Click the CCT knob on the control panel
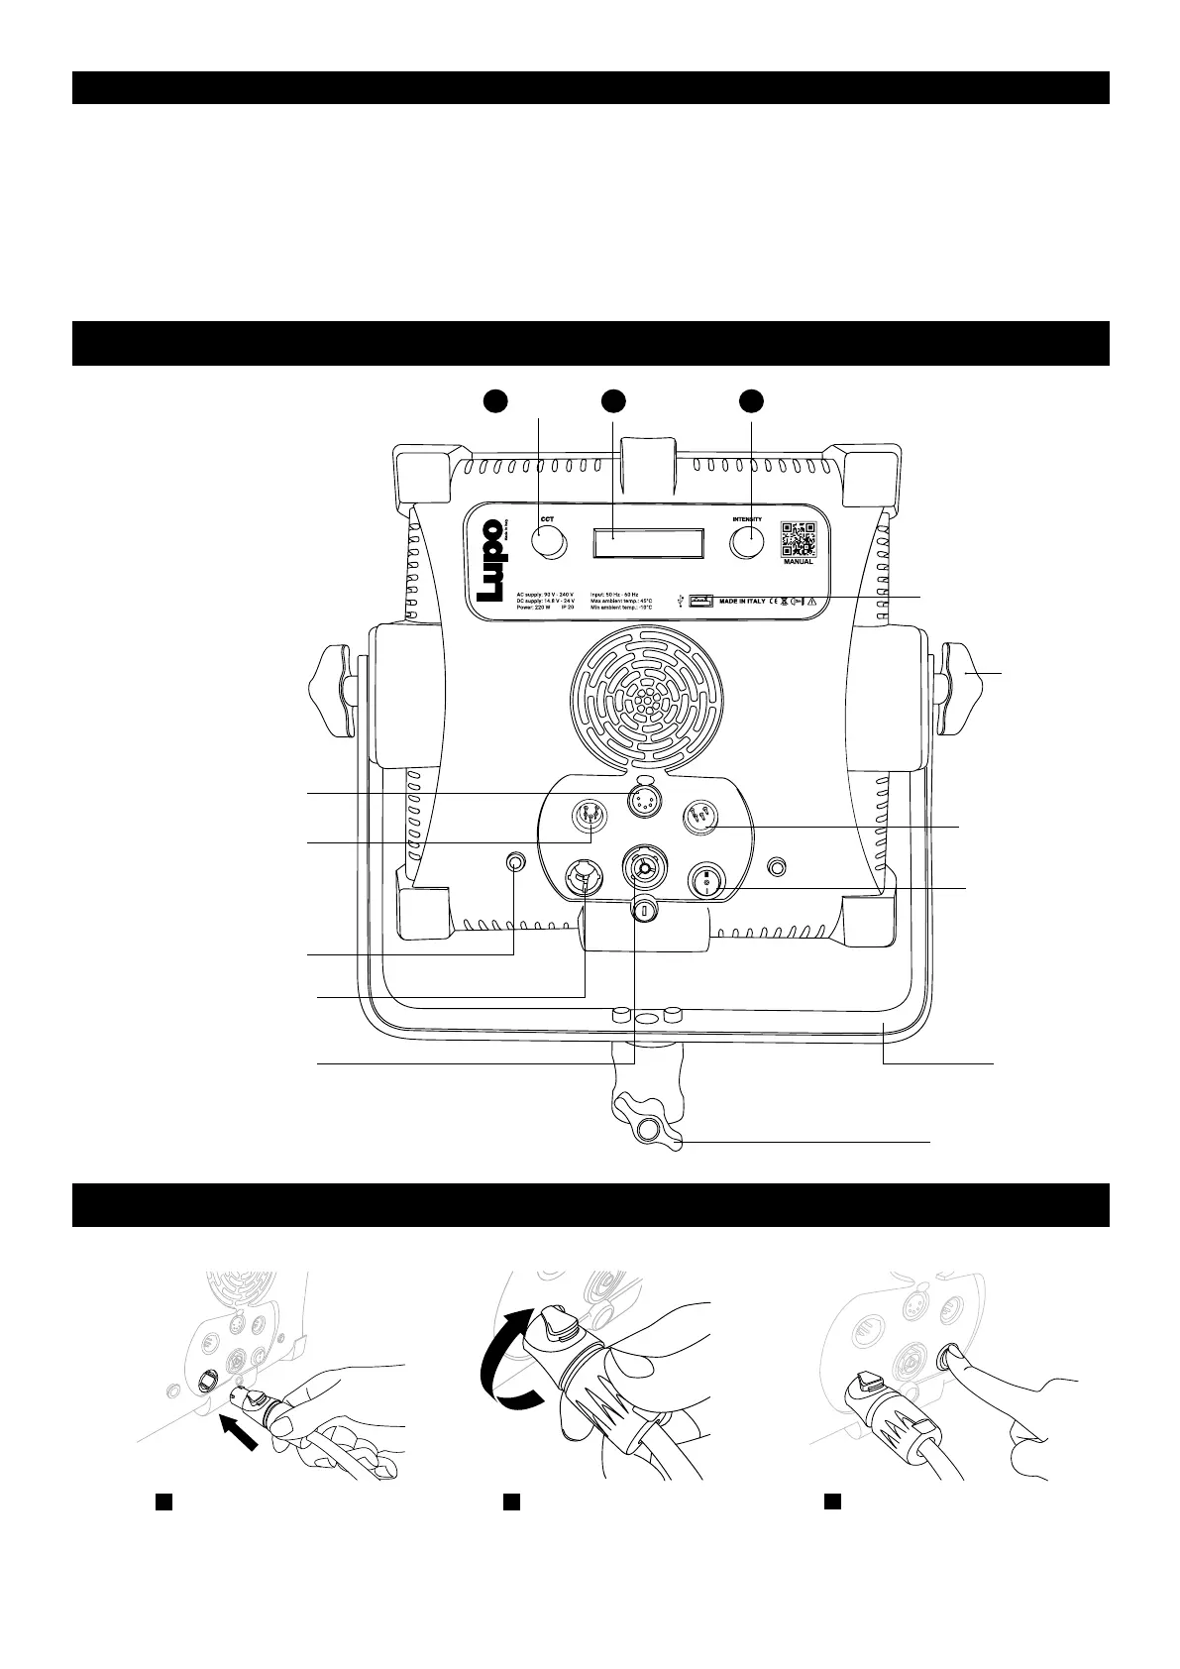point(548,542)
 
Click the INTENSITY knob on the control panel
point(748,543)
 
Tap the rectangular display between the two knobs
point(648,543)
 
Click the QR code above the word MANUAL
point(798,538)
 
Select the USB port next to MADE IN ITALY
point(702,600)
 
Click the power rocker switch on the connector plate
point(708,879)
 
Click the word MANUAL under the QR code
point(798,562)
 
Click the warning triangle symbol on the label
point(811,601)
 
